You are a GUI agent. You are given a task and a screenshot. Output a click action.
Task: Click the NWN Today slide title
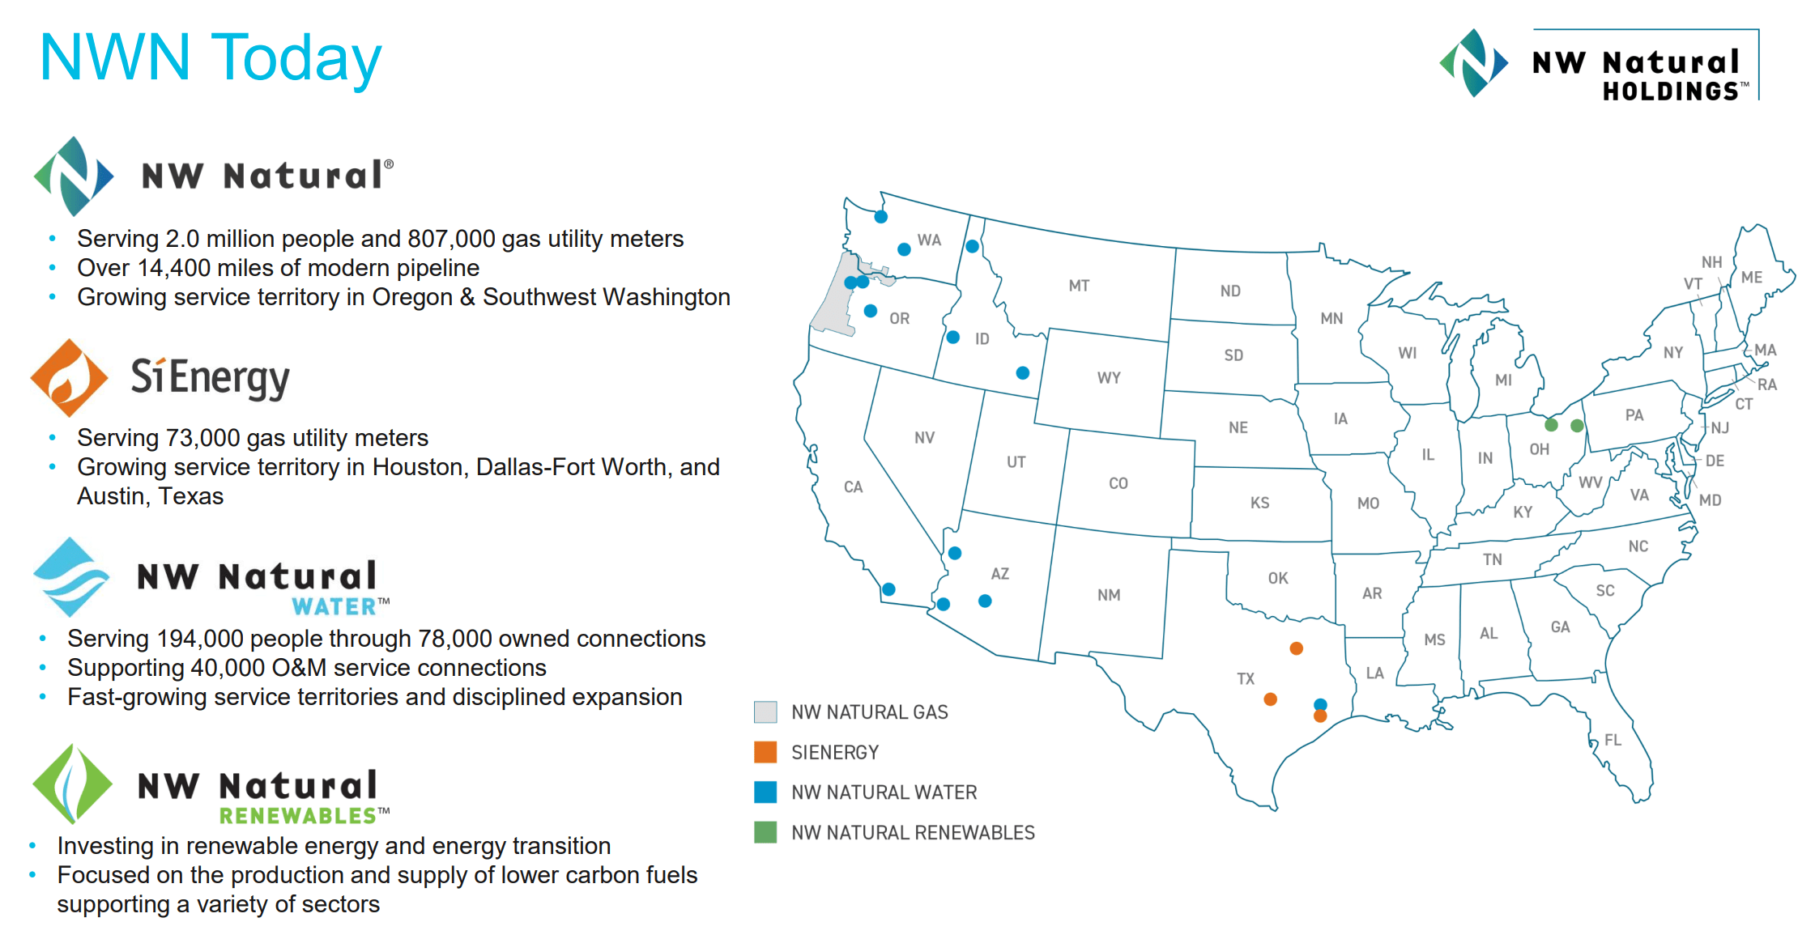211,58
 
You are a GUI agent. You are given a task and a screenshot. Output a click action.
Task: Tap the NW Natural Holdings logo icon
1473,63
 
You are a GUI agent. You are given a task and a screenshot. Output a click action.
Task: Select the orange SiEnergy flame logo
69,378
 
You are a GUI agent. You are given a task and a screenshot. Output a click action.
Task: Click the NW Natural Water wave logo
71,577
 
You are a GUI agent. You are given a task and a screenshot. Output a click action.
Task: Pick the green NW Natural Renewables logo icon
72,784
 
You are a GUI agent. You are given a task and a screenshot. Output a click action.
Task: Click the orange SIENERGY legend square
765,752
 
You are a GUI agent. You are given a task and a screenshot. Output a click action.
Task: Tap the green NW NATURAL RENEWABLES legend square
765,832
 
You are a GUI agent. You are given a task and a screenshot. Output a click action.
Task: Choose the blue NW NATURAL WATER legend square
765,792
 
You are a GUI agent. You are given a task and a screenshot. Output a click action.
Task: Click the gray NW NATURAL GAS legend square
765,712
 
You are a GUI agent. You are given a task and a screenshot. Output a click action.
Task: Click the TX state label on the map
1246,678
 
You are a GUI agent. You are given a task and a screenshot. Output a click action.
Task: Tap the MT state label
1079,286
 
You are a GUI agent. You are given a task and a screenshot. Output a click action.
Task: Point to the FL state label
1613,740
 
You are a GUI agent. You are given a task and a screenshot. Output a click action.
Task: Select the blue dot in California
888,589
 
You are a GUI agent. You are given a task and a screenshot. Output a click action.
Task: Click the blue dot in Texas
1320,704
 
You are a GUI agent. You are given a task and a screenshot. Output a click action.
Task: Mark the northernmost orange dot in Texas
1296,648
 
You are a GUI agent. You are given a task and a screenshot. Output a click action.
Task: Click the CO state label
1118,483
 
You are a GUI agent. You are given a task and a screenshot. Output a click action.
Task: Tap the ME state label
1751,278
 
